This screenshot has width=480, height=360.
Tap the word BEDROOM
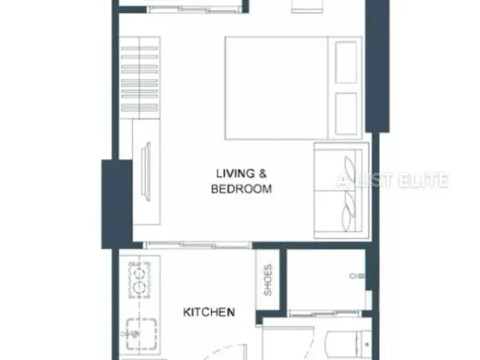click(241, 189)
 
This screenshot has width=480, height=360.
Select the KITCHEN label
click(209, 312)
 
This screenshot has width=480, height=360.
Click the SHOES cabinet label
click(268, 280)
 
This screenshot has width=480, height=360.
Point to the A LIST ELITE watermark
click(393, 180)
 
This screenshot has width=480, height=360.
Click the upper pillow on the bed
click(346, 62)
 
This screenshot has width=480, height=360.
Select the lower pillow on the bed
click(346, 113)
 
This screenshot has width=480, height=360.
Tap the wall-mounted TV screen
click(146, 172)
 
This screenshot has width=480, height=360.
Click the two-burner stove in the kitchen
click(139, 280)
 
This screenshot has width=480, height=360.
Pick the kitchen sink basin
click(142, 334)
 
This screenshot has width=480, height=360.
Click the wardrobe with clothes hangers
click(139, 78)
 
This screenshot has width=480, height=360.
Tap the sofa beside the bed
click(341, 190)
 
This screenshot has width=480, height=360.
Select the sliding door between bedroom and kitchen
click(197, 245)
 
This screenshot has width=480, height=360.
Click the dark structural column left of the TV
click(117, 204)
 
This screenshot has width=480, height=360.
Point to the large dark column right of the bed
click(377, 66)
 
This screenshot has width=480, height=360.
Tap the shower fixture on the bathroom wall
click(357, 276)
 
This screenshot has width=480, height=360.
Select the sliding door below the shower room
click(325, 313)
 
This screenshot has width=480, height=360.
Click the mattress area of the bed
click(277, 88)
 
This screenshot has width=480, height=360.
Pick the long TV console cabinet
click(146, 172)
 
